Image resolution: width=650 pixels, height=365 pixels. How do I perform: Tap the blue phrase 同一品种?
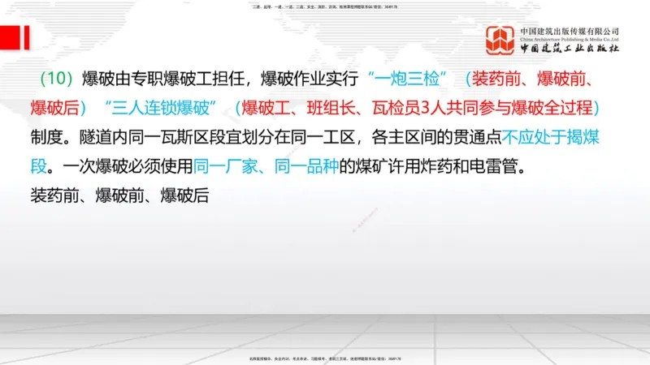[x=305, y=169]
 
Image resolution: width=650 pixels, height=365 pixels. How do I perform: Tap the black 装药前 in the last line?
[x=53, y=195]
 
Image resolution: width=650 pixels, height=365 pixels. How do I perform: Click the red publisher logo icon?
[x=500, y=41]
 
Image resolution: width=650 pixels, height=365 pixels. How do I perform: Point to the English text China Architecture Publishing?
[x=570, y=37]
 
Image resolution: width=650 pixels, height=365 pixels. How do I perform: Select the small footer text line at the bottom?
[x=325, y=359]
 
